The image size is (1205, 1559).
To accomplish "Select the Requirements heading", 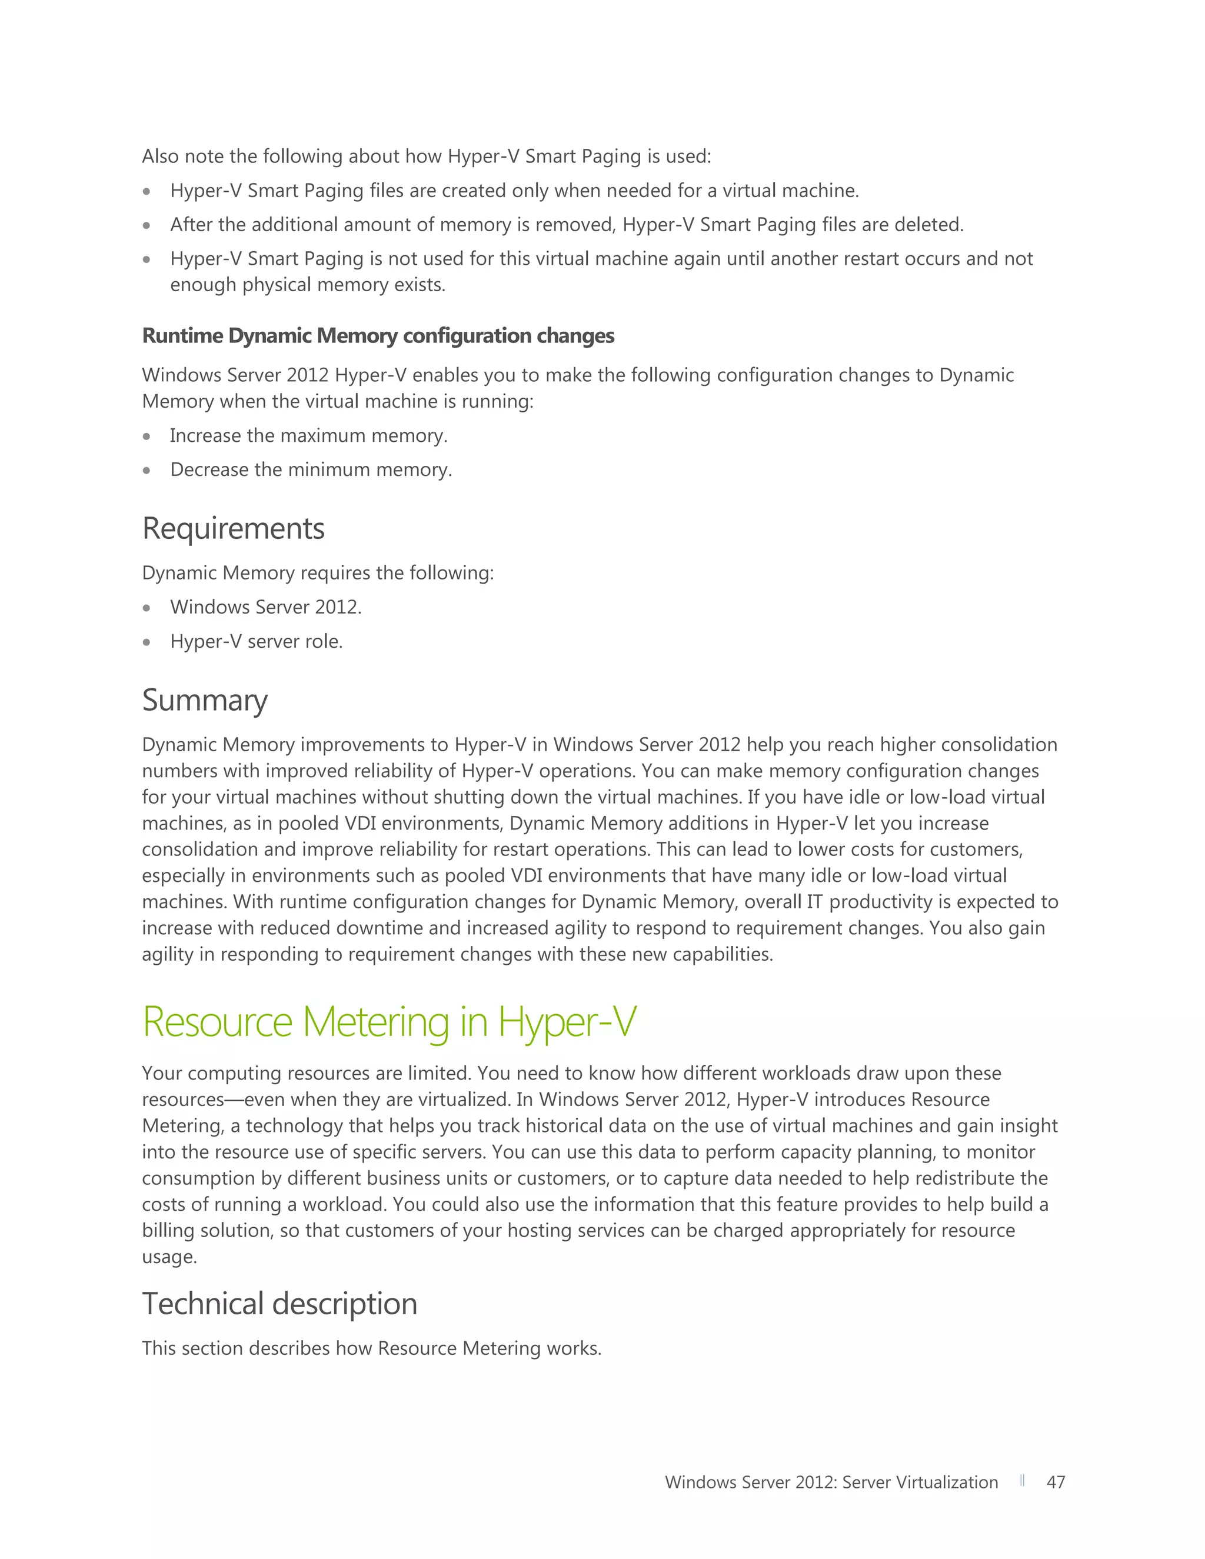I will pyautogui.click(x=234, y=529).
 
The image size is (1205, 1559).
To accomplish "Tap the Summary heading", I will pyautogui.click(x=205, y=700).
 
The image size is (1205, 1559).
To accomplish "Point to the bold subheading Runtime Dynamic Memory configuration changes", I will pyautogui.click(x=378, y=335).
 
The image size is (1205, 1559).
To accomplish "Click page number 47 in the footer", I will pyautogui.click(x=1055, y=1483).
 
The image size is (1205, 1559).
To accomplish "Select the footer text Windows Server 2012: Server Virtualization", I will pyautogui.click(x=831, y=1483).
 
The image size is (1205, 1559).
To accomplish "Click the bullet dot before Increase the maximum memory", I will pyautogui.click(x=147, y=436).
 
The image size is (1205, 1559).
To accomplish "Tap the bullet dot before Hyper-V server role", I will pyautogui.click(x=147, y=642).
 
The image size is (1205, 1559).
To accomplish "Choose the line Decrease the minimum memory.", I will pyautogui.click(x=311, y=469).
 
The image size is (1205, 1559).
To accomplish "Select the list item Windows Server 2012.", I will pyautogui.click(x=265, y=608).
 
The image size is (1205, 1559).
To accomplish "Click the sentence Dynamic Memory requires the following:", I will pyautogui.click(x=318, y=573).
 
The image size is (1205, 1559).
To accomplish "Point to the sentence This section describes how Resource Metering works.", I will pyautogui.click(x=371, y=1348).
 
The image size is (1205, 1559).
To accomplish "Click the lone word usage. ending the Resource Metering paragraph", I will pyautogui.click(x=169, y=1257).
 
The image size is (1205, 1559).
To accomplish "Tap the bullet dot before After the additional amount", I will pyautogui.click(x=147, y=225).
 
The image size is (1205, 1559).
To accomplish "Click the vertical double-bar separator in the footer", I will pyautogui.click(x=1022, y=1481).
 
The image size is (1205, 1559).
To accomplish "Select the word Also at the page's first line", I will pyautogui.click(x=160, y=156).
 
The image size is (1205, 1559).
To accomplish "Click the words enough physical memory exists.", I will pyautogui.click(x=308, y=285).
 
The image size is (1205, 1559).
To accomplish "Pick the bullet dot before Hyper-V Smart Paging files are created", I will pyautogui.click(x=147, y=191).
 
